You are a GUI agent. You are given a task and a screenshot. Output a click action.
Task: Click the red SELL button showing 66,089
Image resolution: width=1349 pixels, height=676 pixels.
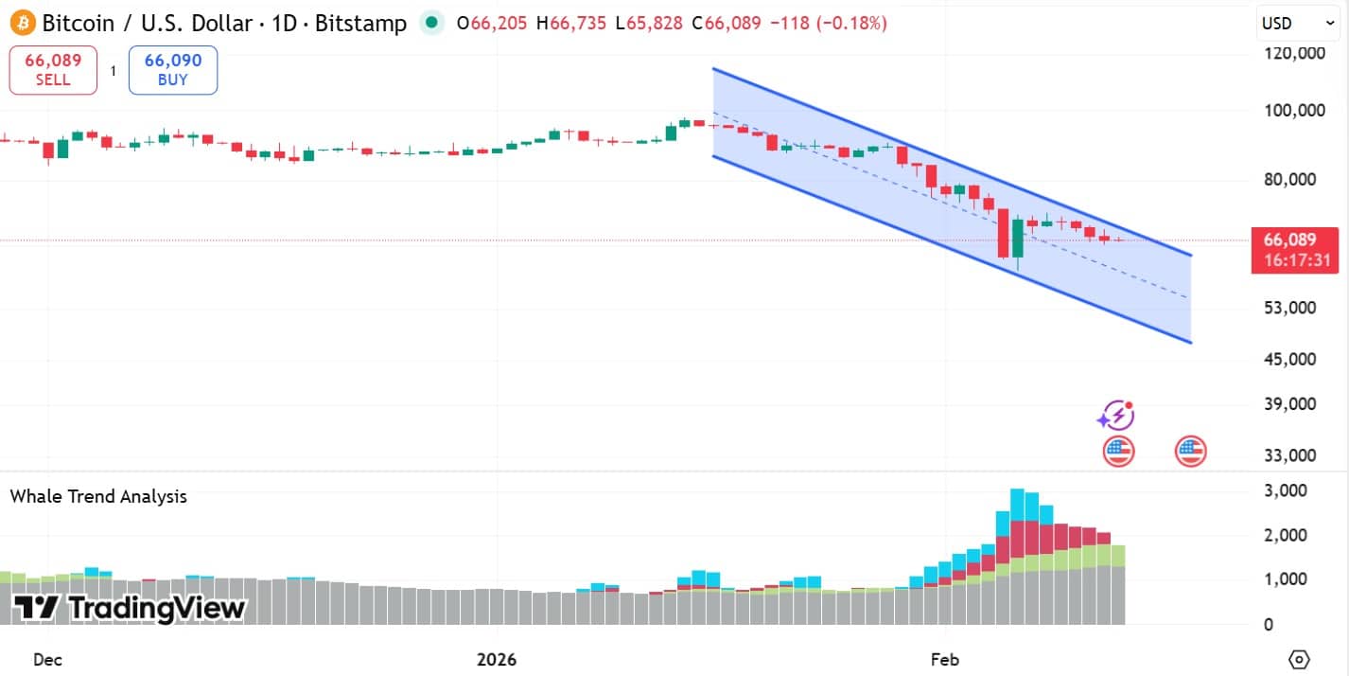tap(53, 70)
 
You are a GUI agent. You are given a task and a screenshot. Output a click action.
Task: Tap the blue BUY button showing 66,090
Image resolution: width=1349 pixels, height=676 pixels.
tap(172, 70)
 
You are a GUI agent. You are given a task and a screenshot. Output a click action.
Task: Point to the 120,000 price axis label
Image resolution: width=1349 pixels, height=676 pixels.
tap(1295, 53)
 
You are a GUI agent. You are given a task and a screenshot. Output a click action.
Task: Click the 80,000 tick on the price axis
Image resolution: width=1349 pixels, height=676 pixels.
tap(1295, 179)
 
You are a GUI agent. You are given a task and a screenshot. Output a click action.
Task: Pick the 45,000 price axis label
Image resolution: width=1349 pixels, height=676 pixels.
tap(1295, 359)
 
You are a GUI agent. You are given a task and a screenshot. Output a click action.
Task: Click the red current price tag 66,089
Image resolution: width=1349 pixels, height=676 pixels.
tap(1294, 240)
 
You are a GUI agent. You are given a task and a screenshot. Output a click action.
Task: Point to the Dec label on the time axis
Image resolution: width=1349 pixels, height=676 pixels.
tap(47, 659)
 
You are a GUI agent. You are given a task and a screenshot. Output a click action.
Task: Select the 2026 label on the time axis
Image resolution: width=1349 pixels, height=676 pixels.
tap(498, 659)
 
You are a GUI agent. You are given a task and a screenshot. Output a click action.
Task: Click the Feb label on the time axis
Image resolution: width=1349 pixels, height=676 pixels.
tap(945, 659)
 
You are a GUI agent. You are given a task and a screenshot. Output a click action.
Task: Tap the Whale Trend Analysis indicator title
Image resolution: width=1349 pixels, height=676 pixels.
tap(98, 496)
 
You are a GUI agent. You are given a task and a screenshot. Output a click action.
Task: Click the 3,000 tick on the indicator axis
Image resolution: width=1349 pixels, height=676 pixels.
tap(1286, 490)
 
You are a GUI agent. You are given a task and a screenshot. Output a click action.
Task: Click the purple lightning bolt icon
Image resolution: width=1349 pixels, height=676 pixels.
tap(1116, 415)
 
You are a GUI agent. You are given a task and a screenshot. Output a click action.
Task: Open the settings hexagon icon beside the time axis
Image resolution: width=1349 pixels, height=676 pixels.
tap(1299, 659)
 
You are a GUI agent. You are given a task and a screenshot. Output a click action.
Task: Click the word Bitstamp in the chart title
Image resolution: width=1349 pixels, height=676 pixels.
tap(360, 23)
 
